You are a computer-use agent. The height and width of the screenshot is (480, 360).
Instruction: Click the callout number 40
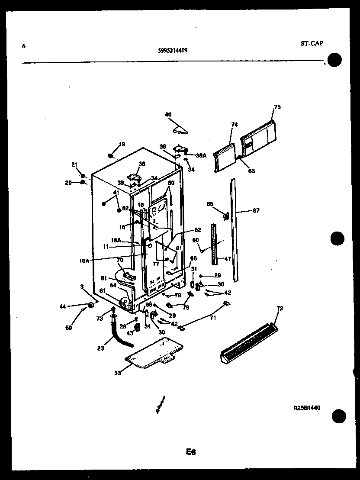click(x=168, y=115)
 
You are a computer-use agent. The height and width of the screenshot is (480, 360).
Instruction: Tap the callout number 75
click(x=277, y=107)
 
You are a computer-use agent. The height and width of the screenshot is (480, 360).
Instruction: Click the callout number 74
click(x=235, y=124)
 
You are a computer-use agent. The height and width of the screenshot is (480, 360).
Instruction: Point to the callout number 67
click(x=256, y=211)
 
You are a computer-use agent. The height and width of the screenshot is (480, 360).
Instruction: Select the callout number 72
click(x=280, y=308)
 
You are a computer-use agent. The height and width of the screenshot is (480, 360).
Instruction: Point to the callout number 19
click(x=122, y=144)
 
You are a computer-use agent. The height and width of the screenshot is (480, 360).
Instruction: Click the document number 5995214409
click(x=173, y=50)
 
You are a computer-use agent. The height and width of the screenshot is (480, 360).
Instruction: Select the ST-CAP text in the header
click(x=312, y=43)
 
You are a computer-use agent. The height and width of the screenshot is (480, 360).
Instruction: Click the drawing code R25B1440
click(x=306, y=408)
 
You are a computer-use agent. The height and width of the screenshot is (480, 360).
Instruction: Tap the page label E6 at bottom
click(x=191, y=452)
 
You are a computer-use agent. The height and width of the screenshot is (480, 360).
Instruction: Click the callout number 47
click(x=227, y=259)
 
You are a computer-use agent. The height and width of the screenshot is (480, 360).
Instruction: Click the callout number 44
click(x=63, y=306)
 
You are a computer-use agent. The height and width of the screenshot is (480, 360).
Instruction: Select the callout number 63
click(x=251, y=171)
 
